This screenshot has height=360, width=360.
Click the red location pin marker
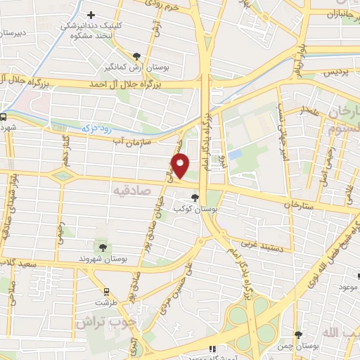point(180,167)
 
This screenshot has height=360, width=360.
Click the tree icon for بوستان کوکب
point(195,198)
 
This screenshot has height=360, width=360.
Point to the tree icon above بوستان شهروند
point(103,247)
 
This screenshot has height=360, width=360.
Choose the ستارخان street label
point(297,204)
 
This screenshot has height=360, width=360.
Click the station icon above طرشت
point(106,290)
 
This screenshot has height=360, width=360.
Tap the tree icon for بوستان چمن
point(299,335)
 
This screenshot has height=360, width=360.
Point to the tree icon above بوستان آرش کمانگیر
point(136,56)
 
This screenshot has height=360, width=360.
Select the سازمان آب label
point(129,141)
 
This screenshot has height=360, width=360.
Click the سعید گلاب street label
point(18,262)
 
